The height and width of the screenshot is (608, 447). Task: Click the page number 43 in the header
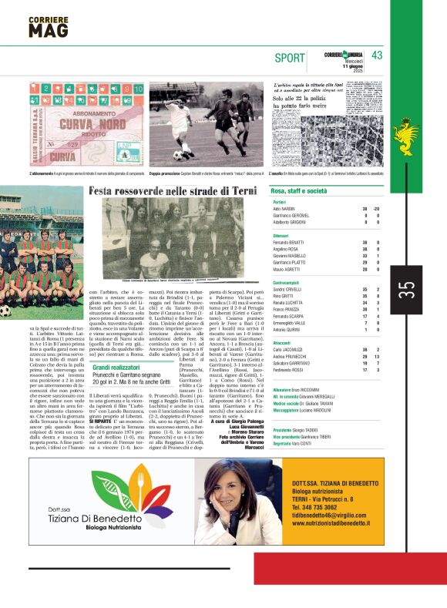pyautogui.click(x=377, y=55)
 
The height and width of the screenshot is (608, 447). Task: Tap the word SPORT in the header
pyautogui.click(x=289, y=58)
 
